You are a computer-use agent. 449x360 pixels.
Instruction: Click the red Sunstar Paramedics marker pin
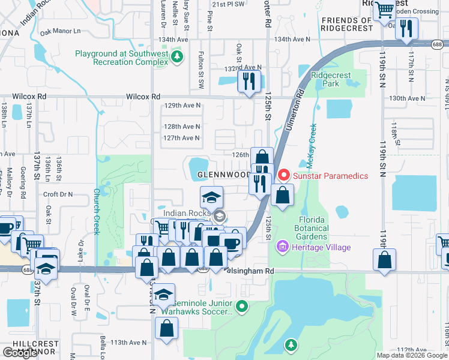(283, 176)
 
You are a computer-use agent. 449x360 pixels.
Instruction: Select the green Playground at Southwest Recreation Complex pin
(176, 57)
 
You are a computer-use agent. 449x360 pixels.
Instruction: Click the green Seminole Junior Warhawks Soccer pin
(241, 307)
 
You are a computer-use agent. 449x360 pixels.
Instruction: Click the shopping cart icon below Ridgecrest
(385, 9)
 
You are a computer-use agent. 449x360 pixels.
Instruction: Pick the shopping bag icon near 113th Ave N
(166, 329)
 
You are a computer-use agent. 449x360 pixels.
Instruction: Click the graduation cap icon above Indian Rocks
(211, 197)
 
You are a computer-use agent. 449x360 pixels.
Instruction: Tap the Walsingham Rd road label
(250, 271)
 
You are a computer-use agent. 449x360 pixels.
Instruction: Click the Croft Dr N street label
(58, 194)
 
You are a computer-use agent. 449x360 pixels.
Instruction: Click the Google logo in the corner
(20, 353)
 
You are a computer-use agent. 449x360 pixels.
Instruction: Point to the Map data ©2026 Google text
(411, 355)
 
